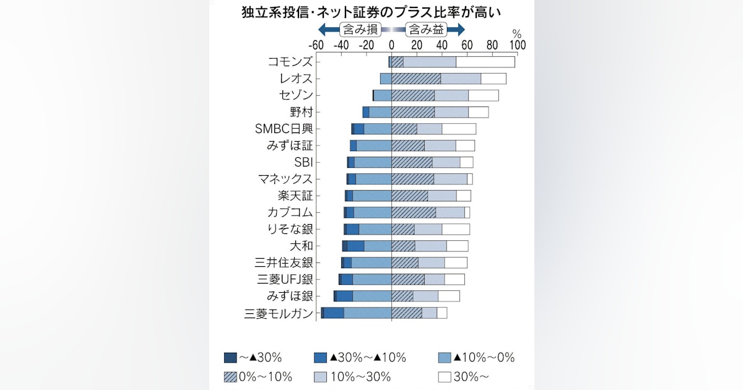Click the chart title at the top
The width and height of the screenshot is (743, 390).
(x=371, y=11)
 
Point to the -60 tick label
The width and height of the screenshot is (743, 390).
(x=316, y=45)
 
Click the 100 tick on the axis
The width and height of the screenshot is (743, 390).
(x=517, y=45)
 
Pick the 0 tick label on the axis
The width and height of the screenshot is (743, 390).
(x=391, y=45)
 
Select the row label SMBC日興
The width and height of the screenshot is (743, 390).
(x=284, y=129)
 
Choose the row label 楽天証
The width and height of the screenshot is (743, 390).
(x=295, y=196)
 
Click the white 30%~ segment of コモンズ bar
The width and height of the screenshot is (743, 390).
(x=485, y=62)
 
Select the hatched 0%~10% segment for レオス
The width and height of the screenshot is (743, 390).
(x=416, y=79)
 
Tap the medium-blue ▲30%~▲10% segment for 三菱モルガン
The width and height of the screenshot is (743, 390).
(x=334, y=313)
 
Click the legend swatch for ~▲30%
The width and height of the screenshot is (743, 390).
(x=230, y=357)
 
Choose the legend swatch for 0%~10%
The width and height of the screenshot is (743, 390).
(x=230, y=376)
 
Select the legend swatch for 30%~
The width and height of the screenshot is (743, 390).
(x=443, y=376)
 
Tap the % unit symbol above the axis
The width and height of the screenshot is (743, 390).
(x=516, y=33)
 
